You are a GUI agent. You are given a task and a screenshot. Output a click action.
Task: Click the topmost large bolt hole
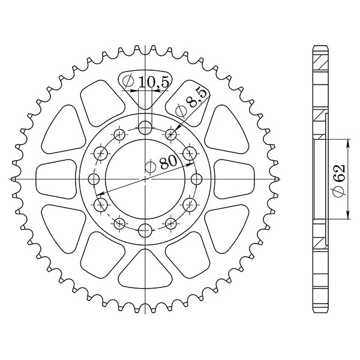(145, 128)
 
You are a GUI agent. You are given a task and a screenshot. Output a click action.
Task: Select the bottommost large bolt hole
(145, 229)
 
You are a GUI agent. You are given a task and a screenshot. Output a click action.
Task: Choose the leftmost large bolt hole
(94, 179)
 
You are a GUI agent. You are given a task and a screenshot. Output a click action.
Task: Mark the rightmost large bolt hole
(196, 179)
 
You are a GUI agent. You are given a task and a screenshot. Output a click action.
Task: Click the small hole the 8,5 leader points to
(170, 134)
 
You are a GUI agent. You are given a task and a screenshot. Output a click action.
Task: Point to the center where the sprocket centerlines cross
(145, 179)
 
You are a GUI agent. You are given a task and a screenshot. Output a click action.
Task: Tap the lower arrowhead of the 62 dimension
(349, 218)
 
